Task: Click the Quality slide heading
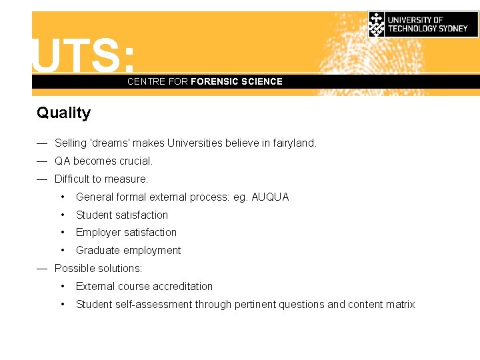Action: click(63, 113)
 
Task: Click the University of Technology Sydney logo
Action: click(423, 24)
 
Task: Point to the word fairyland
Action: click(294, 143)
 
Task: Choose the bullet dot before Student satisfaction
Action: click(62, 215)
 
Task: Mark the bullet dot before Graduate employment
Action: click(62, 250)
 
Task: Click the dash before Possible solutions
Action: click(42, 268)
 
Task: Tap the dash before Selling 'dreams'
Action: click(42, 143)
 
